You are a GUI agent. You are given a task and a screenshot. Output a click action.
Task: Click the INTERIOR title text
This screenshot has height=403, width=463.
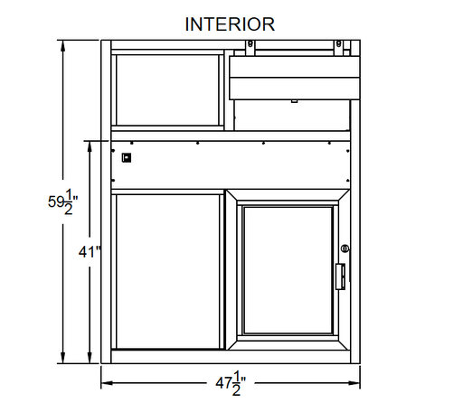pyautogui.click(x=230, y=24)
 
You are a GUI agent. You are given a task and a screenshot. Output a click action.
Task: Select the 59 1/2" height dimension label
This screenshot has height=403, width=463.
pyautogui.click(x=62, y=201)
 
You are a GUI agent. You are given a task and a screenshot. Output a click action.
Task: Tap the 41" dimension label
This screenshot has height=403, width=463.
pyautogui.click(x=90, y=251)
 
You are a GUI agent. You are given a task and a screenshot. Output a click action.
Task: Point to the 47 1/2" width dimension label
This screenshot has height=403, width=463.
pyautogui.click(x=231, y=383)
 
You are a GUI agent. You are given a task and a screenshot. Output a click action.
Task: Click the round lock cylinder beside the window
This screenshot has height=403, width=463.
pyautogui.click(x=345, y=248)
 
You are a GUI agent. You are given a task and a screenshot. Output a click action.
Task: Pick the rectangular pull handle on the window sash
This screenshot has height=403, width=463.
pyautogui.click(x=340, y=276)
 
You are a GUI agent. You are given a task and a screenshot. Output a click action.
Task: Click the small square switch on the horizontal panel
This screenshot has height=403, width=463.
pyautogui.click(x=127, y=157)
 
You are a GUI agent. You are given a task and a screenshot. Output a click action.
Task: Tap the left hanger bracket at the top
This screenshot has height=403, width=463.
pyautogui.click(x=250, y=48)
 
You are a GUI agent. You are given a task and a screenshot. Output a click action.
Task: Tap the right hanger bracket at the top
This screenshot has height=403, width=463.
pyautogui.click(x=339, y=48)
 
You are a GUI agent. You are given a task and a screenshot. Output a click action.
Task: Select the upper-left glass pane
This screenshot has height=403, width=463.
pyautogui.click(x=167, y=90)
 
